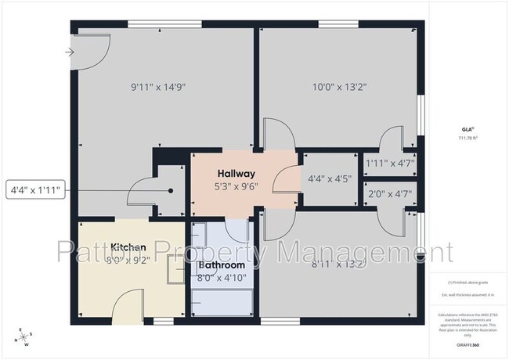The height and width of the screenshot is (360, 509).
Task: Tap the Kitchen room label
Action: (x=129, y=247)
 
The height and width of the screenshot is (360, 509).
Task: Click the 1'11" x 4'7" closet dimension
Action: (x=389, y=163)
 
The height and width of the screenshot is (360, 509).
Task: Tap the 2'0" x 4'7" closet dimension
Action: (x=389, y=193)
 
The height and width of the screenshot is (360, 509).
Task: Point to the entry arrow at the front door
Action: (x=70, y=52)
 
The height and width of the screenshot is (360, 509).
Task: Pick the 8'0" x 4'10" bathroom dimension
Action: (x=222, y=277)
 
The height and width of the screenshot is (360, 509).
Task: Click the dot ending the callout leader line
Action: (x=171, y=190)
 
